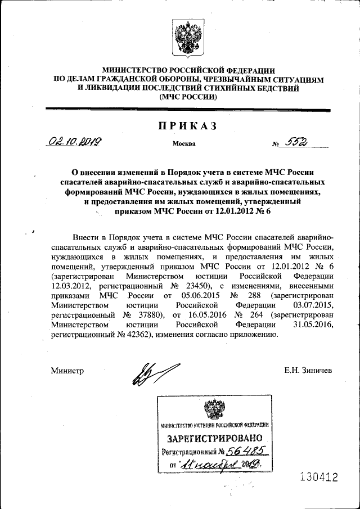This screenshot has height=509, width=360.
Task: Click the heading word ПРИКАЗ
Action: [187, 127]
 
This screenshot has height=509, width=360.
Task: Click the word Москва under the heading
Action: [184, 144]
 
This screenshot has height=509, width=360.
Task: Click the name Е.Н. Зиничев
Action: [309, 371]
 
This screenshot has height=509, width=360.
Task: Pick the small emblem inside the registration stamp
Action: [214, 408]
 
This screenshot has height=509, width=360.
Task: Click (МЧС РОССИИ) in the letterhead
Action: [188, 97]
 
